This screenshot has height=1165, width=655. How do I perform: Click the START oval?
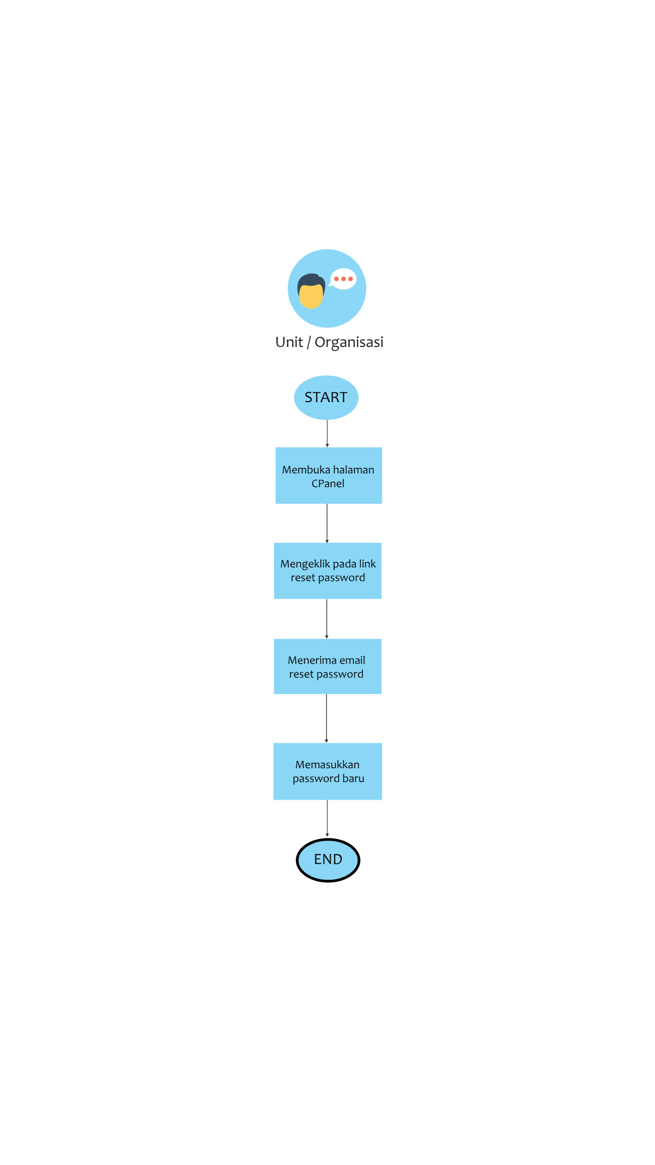pos(326,397)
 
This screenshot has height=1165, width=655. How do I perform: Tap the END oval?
pos(328,860)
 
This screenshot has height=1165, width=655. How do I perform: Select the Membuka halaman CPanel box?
pos(328,476)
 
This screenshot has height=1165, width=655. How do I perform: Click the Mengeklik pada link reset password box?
pos(327,571)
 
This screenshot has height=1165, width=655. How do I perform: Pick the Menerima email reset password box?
pos(327,666)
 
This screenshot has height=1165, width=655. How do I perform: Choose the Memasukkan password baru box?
pos(327,771)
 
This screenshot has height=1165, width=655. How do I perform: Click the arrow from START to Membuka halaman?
pos(327,433)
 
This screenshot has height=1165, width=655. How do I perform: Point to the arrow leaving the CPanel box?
pos(327,523)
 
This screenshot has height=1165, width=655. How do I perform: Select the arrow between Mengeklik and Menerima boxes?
pos(327,619)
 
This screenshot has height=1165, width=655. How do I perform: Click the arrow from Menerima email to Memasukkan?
pos(327,719)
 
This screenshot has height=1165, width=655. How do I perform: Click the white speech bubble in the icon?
pos(343,279)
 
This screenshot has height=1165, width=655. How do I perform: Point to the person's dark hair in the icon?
pos(311,281)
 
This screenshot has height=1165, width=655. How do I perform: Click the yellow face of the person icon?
pos(311,296)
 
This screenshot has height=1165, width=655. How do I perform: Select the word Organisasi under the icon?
pos(349,343)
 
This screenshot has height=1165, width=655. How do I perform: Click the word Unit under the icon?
pos(289,342)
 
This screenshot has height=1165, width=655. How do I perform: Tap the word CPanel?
pos(328,483)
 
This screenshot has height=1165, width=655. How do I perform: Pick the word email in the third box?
pos(352,660)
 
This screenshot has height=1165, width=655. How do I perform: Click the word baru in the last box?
pos(353,778)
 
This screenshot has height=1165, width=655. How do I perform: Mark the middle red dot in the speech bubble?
pos(343,279)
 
